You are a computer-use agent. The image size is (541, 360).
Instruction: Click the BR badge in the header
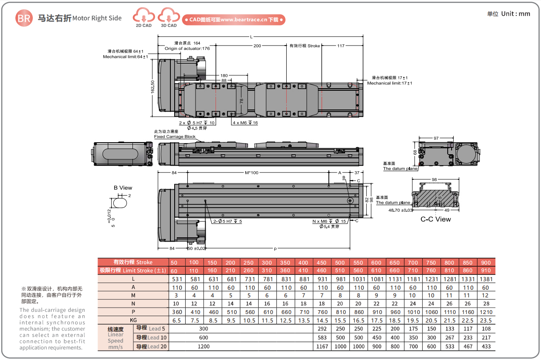tap(24, 18)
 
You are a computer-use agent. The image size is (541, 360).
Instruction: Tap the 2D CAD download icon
tap(144, 17)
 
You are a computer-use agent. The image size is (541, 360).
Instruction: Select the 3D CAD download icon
tap(169, 17)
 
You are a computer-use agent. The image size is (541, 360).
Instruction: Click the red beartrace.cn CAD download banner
tap(234, 20)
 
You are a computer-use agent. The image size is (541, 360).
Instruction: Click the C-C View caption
tap(435, 219)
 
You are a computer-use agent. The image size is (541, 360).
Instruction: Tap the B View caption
tap(123, 187)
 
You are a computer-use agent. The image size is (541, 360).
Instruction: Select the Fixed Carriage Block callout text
tap(175, 137)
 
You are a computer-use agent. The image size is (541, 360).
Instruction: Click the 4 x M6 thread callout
tap(245, 123)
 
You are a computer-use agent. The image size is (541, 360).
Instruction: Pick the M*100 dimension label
tap(252, 173)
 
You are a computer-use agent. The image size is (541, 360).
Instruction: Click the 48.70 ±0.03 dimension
tap(401, 210)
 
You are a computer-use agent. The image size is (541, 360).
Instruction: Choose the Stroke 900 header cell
tap(486, 262)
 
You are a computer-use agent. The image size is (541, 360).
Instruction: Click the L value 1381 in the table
tap(486, 279)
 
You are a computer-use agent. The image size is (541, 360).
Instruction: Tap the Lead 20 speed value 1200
tap(204, 346)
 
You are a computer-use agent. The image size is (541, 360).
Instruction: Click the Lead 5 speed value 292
tap(322, 328)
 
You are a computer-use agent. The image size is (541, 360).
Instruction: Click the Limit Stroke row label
tap(133, 271)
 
